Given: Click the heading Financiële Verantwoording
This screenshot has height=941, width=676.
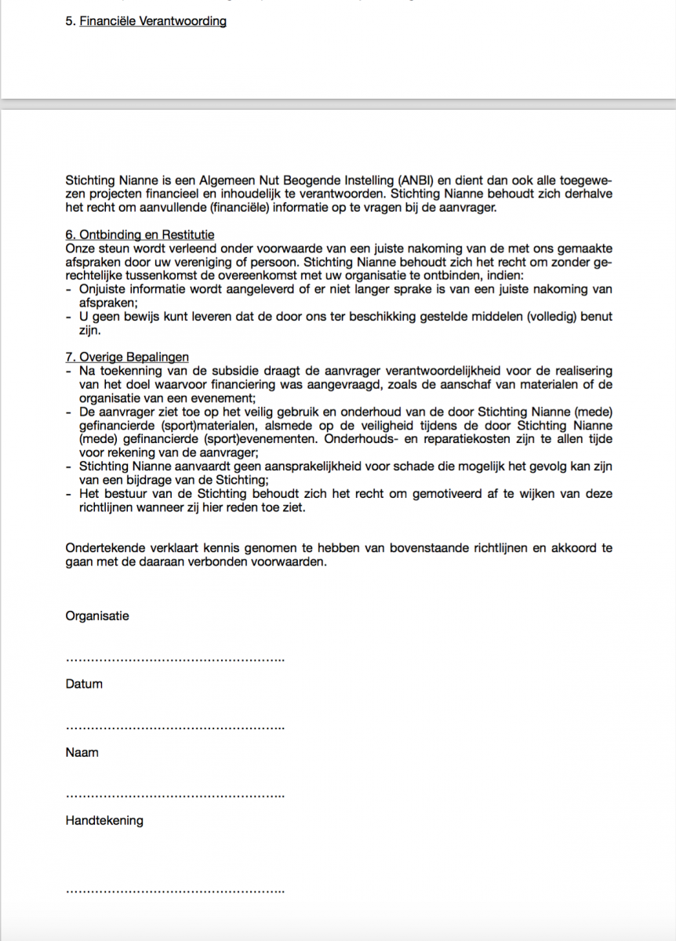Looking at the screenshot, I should pos(153,21).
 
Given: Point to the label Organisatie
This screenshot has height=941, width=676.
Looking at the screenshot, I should pos(97,616).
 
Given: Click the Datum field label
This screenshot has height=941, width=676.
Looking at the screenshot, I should pos(84,684).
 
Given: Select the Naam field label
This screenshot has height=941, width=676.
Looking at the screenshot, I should pos(82,752).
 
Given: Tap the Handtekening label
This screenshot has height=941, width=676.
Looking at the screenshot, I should pos(104,820).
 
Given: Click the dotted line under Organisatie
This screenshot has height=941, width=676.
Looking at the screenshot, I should pos(175,659).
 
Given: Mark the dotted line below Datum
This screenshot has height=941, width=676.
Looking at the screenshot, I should pos(175,728).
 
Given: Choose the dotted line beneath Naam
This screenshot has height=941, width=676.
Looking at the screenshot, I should pos(175,796).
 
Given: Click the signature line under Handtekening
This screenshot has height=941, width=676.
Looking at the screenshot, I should pos(175,892).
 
